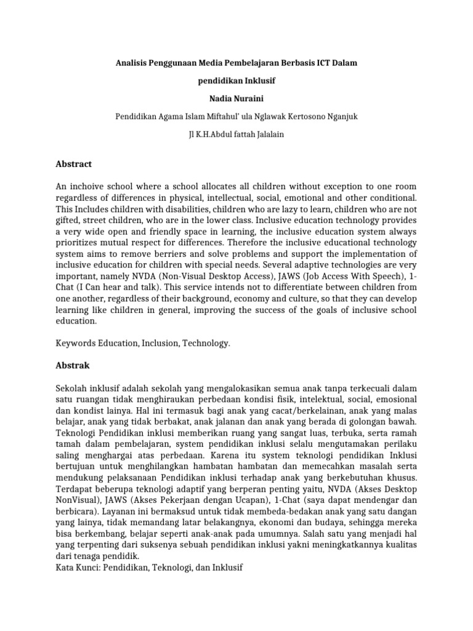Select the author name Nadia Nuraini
pos(236,98)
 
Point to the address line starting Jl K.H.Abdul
pos(236,134)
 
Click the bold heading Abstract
pos(73,164)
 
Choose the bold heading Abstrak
pos(73,365)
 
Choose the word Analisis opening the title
pos(135,63)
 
